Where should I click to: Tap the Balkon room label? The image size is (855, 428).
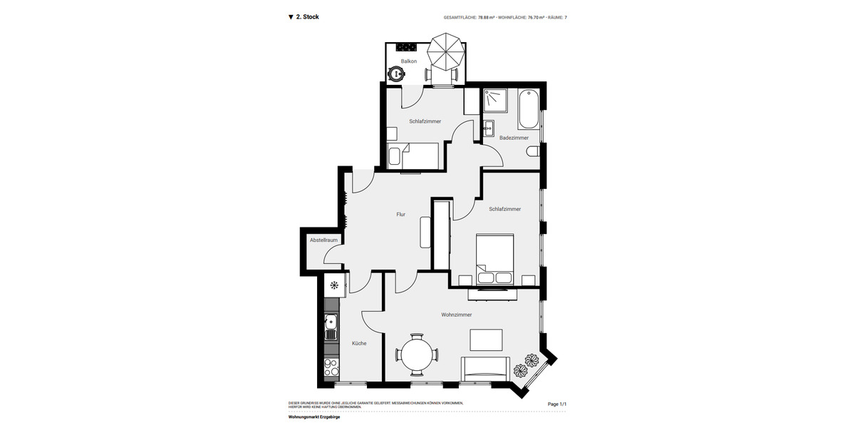click(409, 61)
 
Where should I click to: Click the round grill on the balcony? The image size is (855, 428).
click(395, 73)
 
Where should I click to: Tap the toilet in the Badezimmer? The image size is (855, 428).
click(533, 151)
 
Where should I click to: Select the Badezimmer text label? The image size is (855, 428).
click(514, 138)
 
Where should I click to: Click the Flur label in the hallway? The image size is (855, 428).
click(401, 214)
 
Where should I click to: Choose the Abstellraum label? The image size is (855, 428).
click(323, 240)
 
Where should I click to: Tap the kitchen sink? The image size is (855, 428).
click(331, 327)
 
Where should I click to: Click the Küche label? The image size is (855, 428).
click(359, 343)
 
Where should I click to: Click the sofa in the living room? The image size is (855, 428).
click(486, 367)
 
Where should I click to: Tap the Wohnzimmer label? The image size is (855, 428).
click(457, 315)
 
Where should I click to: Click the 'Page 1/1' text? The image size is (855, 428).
click(556, 404)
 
